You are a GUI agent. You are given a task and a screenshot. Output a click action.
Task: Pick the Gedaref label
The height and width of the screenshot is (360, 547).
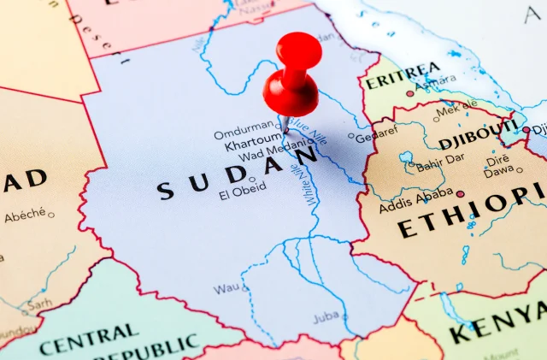[376, 135]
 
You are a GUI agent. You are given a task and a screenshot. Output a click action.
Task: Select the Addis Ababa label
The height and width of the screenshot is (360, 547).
[416, 207]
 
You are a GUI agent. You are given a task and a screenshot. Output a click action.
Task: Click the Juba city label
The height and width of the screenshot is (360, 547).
[325, 317]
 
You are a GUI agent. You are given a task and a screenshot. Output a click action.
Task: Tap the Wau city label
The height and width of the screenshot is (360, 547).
[226, 288]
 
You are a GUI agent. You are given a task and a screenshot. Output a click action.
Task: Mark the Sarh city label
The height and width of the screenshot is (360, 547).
[38, 303]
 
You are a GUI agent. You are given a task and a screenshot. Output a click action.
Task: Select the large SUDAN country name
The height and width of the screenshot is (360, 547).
[239, 175]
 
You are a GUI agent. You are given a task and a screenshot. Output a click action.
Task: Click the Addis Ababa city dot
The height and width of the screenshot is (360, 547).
[460, 194]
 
